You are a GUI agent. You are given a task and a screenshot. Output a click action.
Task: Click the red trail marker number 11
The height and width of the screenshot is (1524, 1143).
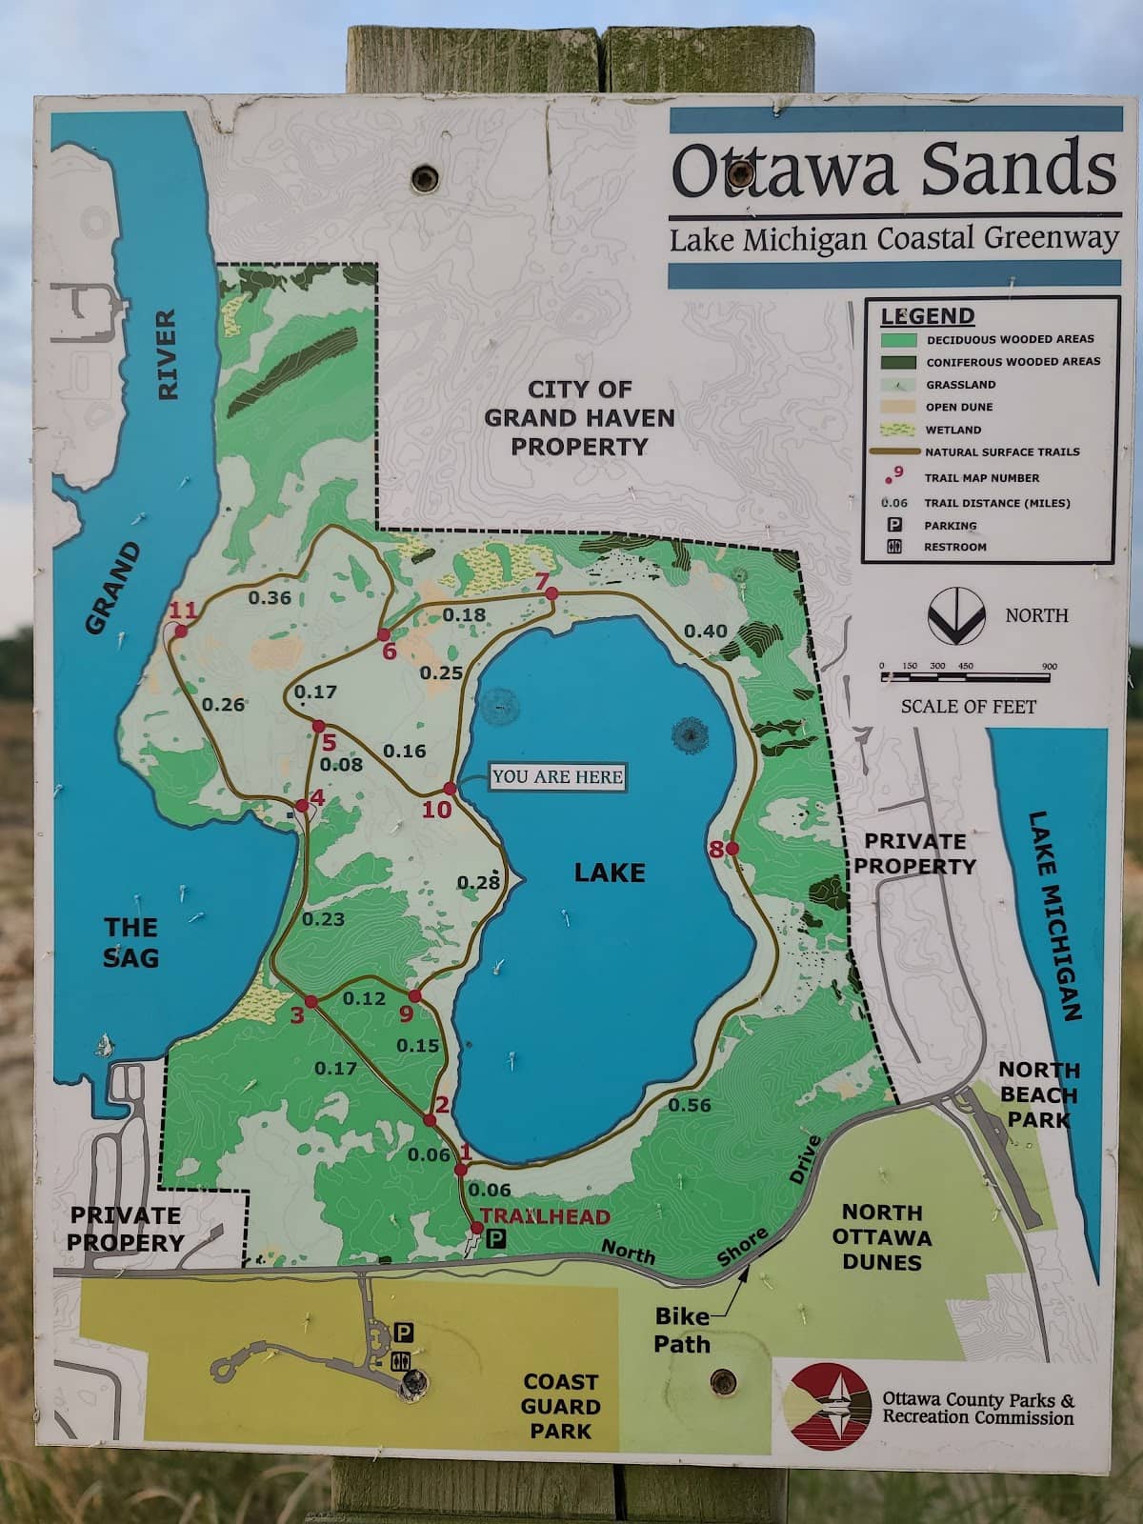click(x=182, y=611)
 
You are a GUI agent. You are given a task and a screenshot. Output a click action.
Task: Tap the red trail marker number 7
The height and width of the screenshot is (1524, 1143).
click(x=542, y=580)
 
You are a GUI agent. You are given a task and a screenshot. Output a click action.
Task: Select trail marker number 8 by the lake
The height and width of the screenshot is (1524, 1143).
click(x=716, y=849)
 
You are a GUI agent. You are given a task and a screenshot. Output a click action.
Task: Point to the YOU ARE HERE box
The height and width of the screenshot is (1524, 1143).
click(x=558, y=776)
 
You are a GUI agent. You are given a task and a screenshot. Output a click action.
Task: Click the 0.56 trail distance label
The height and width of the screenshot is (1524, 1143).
click(x=690, y=1105)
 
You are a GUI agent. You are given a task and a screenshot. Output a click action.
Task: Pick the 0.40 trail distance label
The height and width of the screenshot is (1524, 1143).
click(x=705, y=631)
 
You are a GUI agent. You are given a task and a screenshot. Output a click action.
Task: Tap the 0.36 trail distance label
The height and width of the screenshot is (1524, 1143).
click(x=270, y=597)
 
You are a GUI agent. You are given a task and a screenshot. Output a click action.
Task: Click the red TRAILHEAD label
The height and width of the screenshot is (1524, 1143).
click(x=545, y=1216)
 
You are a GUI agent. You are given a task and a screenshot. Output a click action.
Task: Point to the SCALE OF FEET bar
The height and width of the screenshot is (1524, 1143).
click(x=967, y=677)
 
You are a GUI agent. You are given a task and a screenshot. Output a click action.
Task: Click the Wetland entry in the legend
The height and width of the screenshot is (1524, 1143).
click(x=952, y=430)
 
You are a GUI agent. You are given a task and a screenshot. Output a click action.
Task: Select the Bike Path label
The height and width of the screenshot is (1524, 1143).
click(x=681, y=1331)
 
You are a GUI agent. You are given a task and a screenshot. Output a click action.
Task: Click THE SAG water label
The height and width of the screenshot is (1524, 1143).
click(x=131, y=942)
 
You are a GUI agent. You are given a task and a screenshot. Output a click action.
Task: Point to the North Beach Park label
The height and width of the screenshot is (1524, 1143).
click(x=1038, y=1094)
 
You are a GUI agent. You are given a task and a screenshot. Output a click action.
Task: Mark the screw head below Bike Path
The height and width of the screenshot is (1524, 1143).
click(x=723, y=1380)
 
